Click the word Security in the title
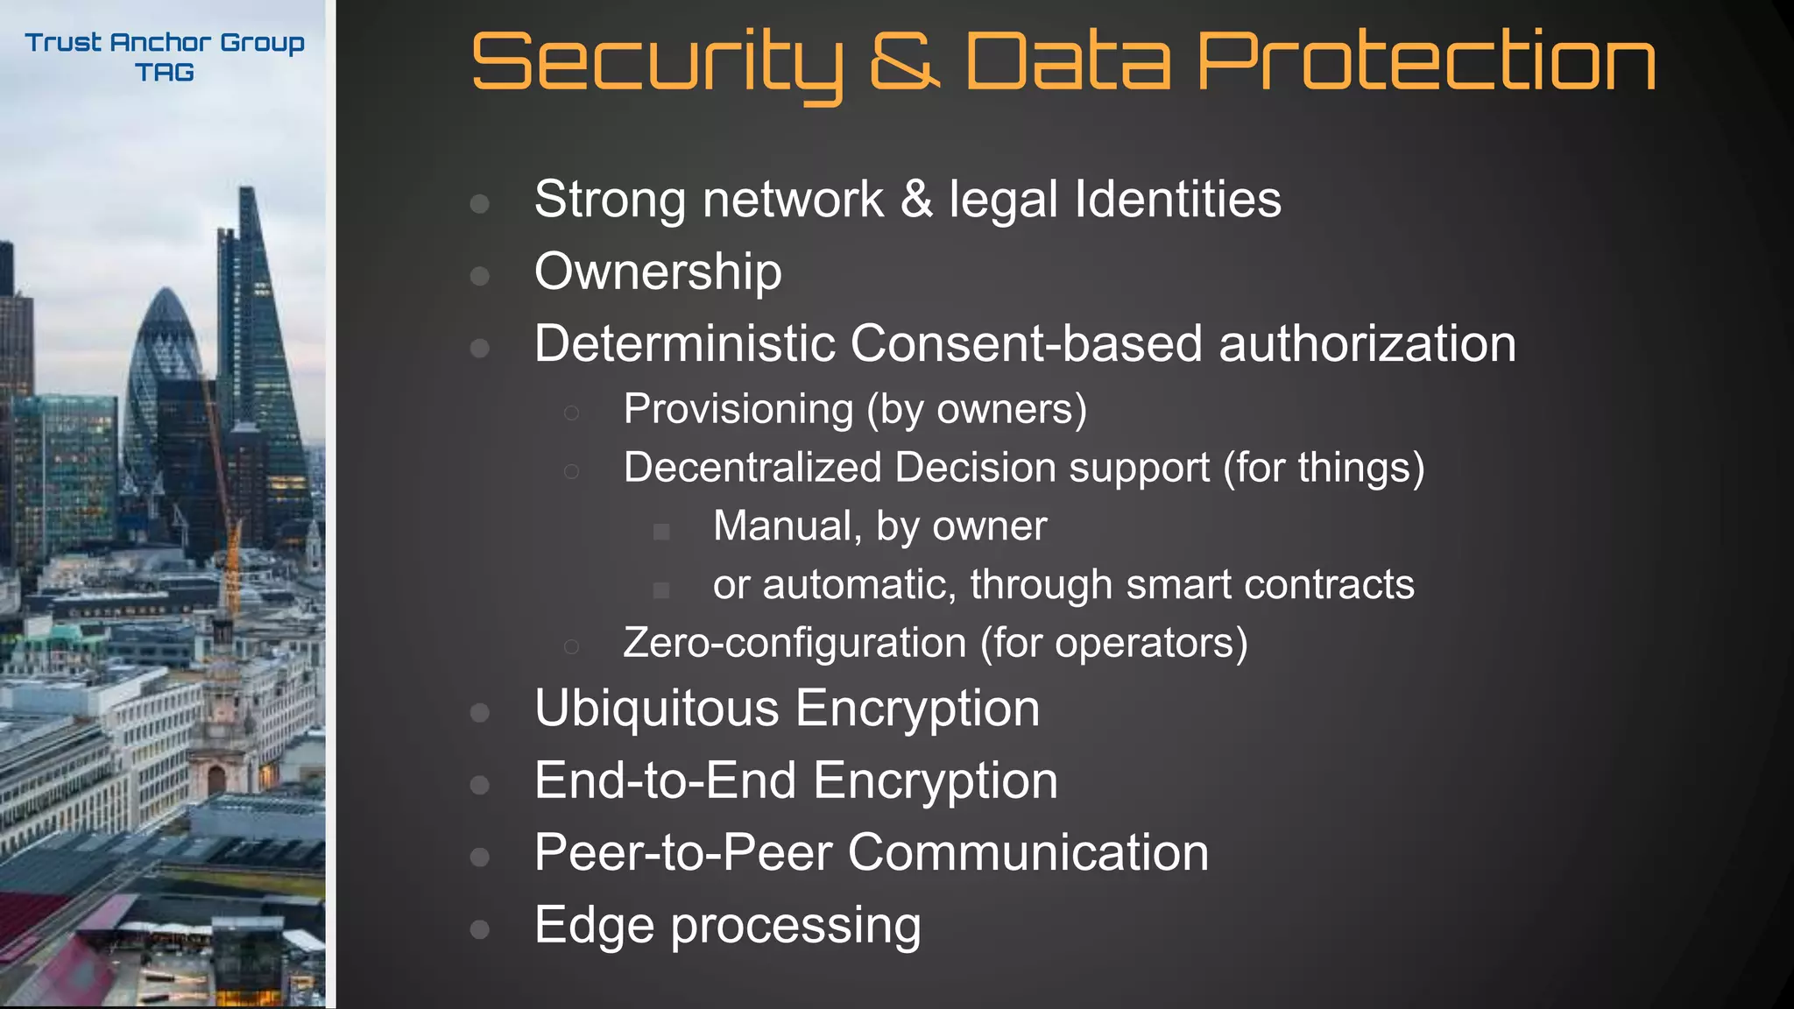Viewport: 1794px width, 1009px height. (x=657, y=63)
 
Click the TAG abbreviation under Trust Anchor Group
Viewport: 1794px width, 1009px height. (x=165, y=73)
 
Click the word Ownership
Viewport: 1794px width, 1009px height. (x=658, y=272)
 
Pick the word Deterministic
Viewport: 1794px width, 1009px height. (x=683, y=343)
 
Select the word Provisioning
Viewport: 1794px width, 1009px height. (x=738, y=409)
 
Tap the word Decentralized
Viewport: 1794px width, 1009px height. (x=752, y=468)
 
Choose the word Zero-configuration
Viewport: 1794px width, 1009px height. (x=794, y=643)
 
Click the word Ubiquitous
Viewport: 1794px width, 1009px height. (x=656, y=708)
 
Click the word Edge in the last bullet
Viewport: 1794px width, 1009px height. (x=594, y=925)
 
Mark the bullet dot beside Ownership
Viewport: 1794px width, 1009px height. (x=479, y=277)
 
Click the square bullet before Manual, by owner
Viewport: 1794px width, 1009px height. (x=661, y=532)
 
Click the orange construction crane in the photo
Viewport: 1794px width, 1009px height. (x=231, y=561)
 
